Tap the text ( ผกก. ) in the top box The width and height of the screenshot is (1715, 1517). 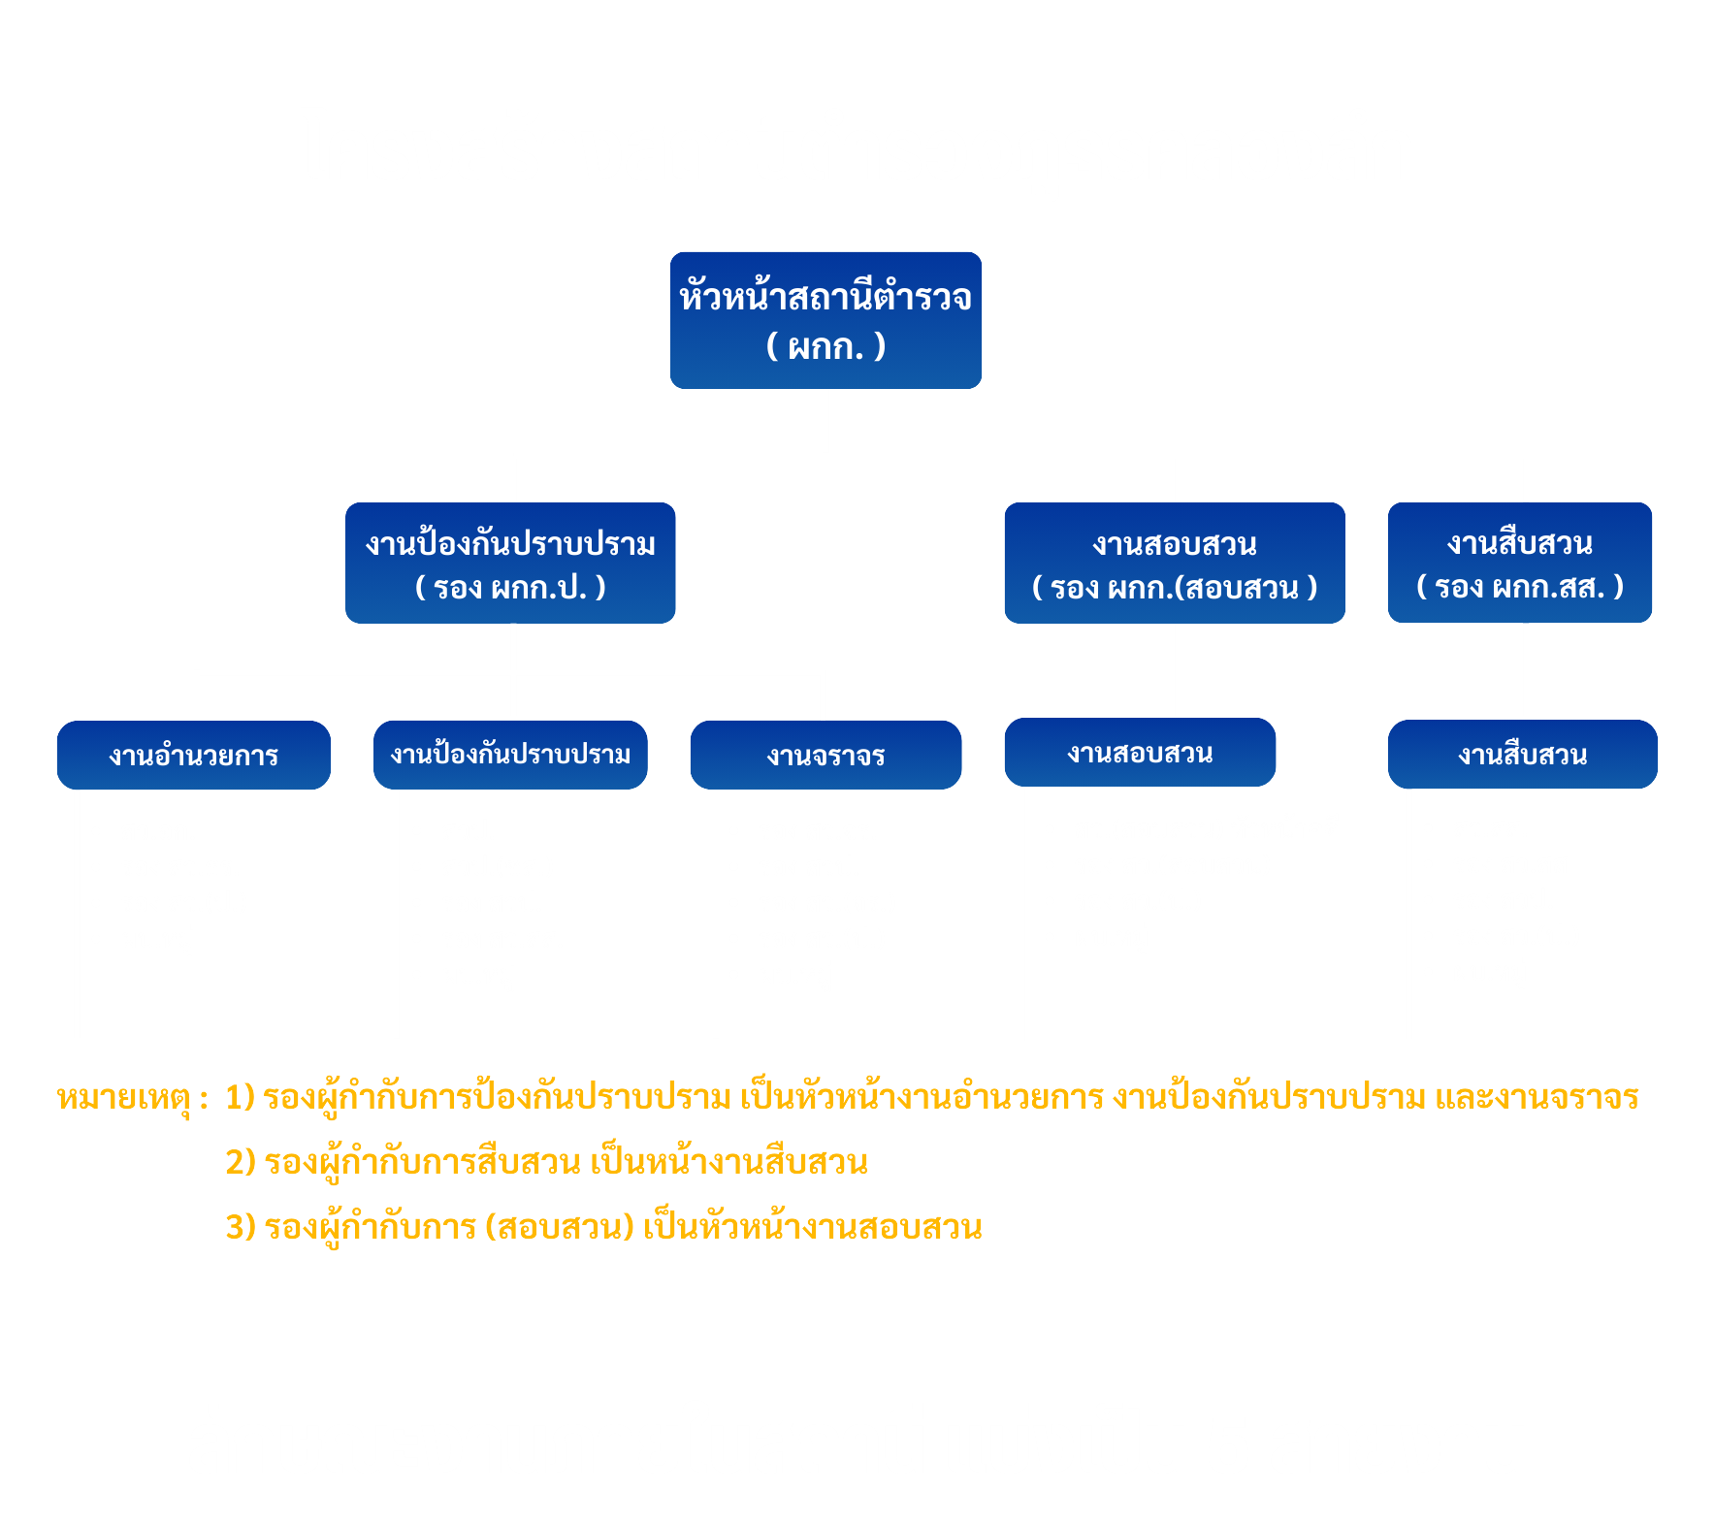point(825,346)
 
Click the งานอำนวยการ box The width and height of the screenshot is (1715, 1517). point(194,756)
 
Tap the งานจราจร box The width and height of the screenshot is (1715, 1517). point(825,756)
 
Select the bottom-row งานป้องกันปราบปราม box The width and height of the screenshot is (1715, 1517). point(510,755)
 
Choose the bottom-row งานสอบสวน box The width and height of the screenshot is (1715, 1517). point(1140,753)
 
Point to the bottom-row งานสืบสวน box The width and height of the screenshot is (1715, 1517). point(1522,755)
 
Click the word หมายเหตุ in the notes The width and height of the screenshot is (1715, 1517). point(123,1098)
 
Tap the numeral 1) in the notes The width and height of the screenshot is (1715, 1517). point(240,1097)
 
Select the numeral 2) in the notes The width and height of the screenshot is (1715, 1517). point(240,1162)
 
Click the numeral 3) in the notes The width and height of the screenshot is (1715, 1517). point(240,1227)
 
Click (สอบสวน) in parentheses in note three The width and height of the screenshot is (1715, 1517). point(560,1227)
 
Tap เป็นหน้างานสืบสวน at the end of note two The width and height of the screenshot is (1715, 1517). point(728,1162)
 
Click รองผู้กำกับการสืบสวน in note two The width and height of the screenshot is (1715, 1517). point(422,1162)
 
